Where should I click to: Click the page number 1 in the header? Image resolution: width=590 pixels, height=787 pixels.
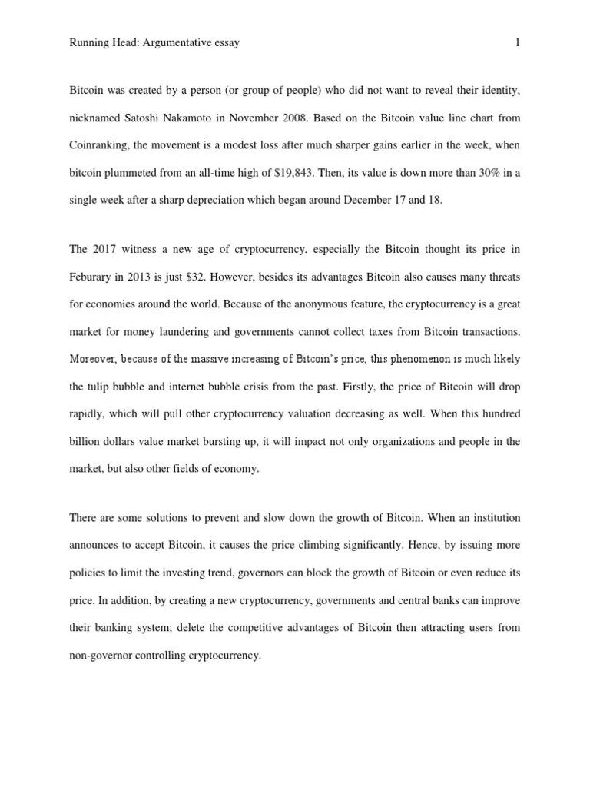pyautogui.click(x=519, y=43)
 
